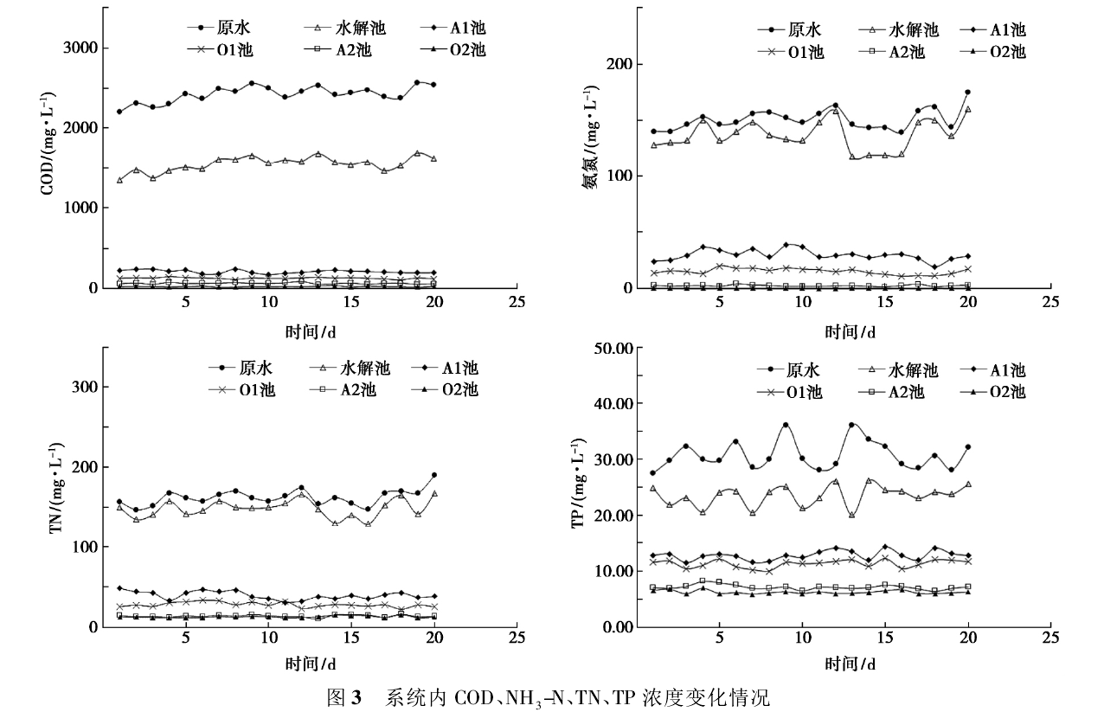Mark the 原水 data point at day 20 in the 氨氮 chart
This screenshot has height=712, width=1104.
pyautogui.click(x=967, y=93)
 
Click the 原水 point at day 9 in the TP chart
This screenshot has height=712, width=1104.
pyautogui.click(x=786, y=426)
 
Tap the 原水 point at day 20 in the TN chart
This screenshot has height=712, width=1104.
pyautogui.click(x=433, y=475)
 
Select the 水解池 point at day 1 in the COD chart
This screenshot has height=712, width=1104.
pyautogui.click(x=119, y=180)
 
